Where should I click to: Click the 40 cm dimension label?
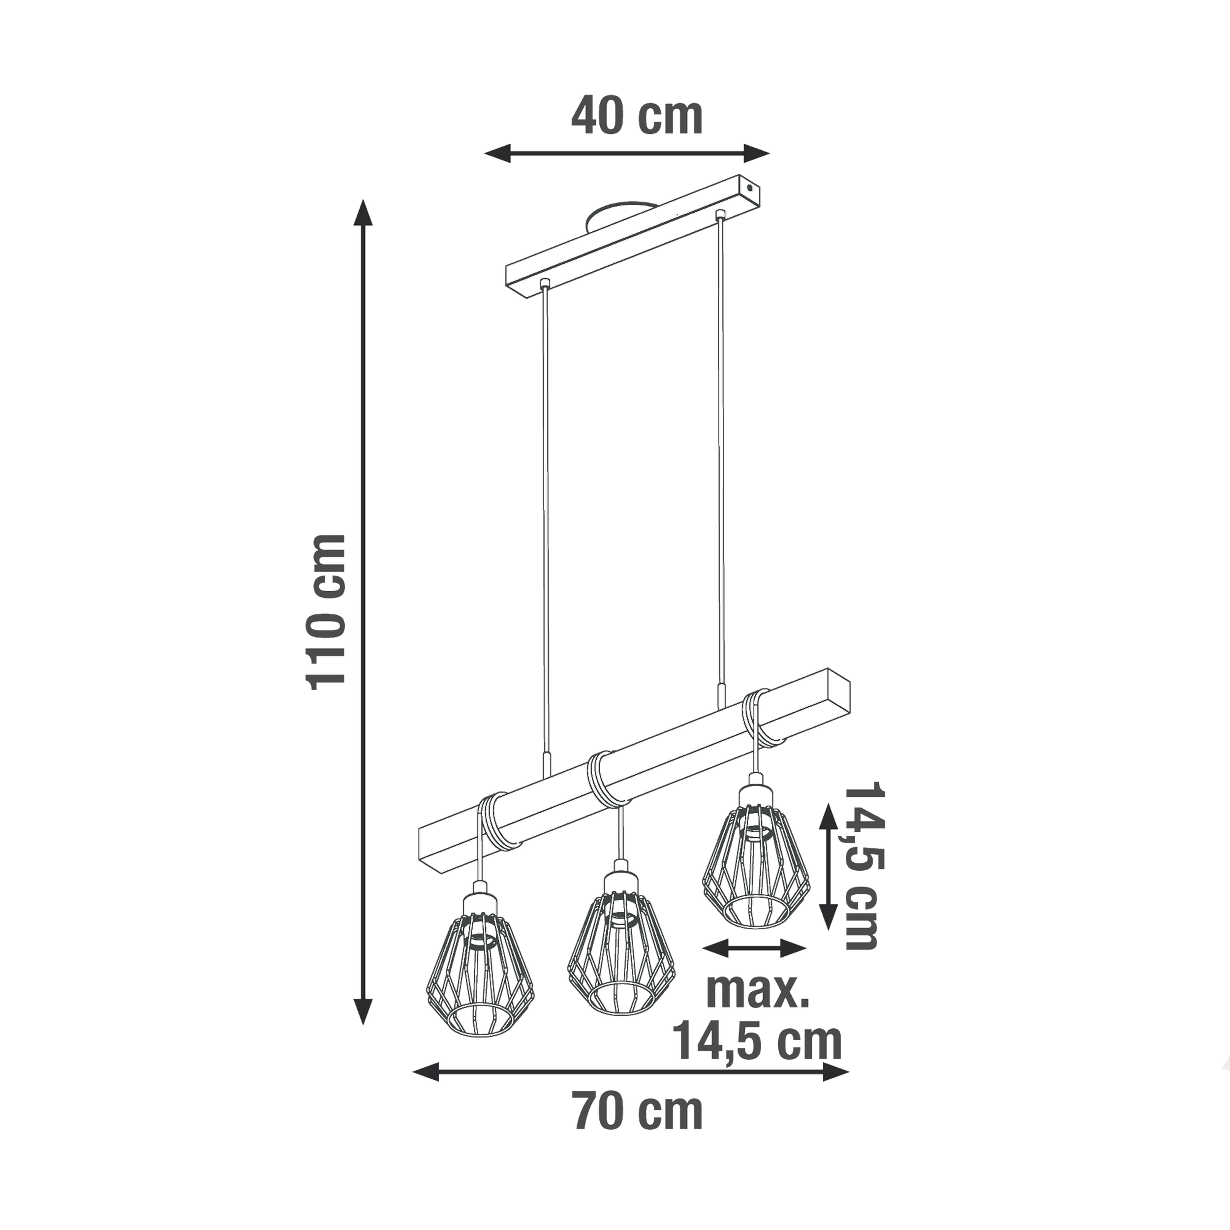click(637, 117)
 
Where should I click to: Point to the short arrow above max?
click(754, 966)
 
